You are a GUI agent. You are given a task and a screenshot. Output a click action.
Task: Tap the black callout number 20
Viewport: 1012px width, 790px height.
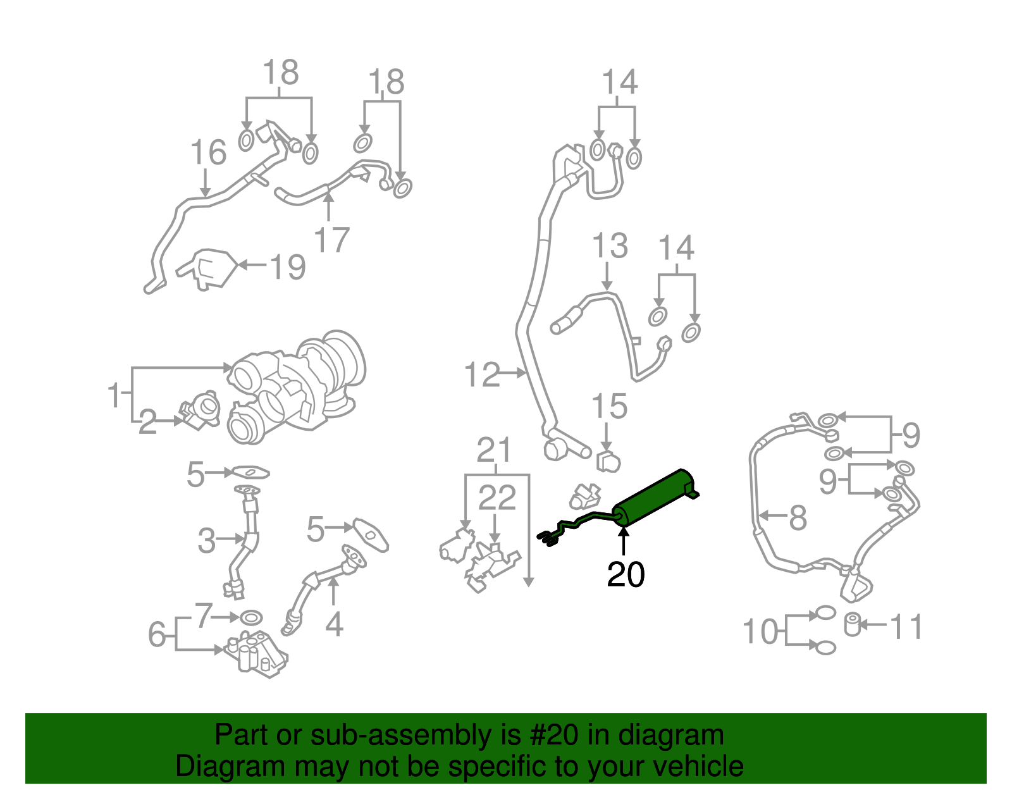tap(626, 574)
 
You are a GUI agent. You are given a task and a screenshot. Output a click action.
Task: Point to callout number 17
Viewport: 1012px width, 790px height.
tap(331, 240)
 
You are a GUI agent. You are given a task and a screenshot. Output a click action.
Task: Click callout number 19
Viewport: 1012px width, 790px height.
tap(288, 267)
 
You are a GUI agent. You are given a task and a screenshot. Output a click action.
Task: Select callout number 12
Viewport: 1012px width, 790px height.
tap(482, 374)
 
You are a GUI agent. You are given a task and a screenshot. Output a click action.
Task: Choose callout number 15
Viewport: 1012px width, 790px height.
tap(609, 405)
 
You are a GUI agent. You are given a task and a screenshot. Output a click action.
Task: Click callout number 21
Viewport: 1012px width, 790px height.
tap(494, 450)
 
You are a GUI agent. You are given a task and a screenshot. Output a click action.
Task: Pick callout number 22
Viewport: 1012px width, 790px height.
tap(497, 497)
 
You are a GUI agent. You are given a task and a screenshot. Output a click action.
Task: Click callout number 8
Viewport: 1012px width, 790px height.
tap(798, 517)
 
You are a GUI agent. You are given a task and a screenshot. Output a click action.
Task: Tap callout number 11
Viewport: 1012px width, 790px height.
tap(906, 627)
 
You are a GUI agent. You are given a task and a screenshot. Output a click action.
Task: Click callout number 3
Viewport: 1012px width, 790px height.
tap(206, 541)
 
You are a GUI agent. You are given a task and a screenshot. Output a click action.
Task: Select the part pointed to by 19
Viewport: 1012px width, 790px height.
tap(207, 269)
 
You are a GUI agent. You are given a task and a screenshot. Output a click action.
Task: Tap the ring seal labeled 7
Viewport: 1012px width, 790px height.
tap(251, 618)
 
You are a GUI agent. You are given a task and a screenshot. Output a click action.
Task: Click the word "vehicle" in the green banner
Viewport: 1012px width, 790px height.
tap(681, 766)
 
